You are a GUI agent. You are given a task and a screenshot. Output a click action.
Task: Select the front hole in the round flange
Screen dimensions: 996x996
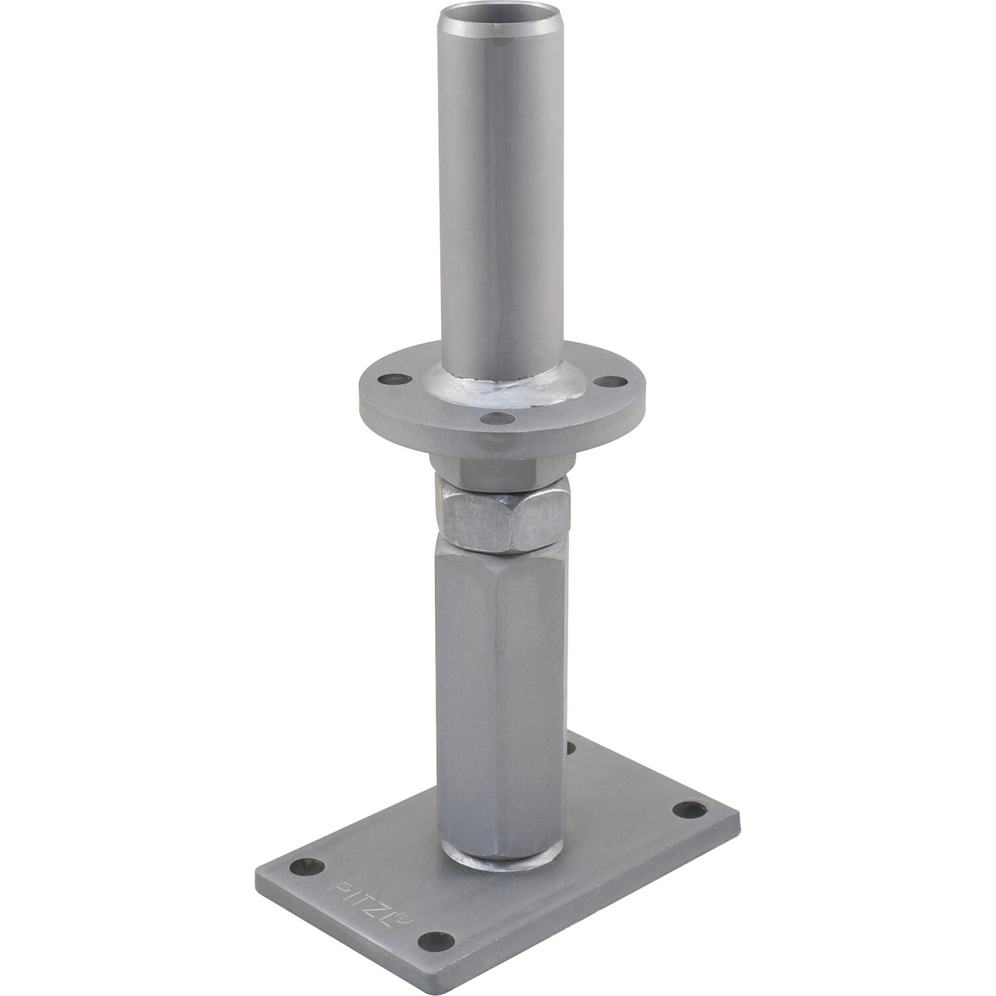pos(492,418)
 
